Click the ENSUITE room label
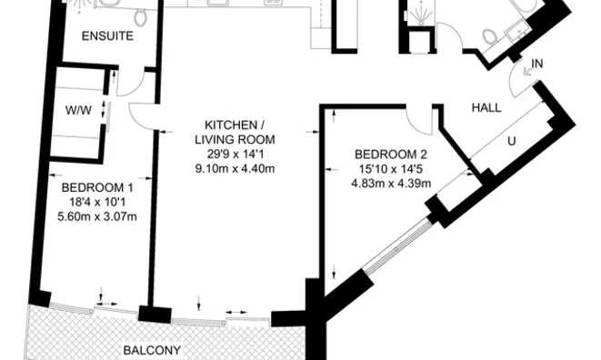107,36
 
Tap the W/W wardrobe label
78,110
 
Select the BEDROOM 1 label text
97,187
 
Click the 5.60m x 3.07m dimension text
97,216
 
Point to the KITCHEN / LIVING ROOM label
235,132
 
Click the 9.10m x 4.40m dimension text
235,169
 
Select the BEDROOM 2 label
391,155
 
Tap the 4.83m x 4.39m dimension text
391,184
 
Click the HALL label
486,108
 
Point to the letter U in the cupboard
511,142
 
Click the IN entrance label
537,64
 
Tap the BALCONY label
152,350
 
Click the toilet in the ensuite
140,17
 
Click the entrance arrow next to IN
527,71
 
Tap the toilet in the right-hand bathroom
489,36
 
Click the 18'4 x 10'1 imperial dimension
97,202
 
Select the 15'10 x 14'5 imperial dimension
391,169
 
